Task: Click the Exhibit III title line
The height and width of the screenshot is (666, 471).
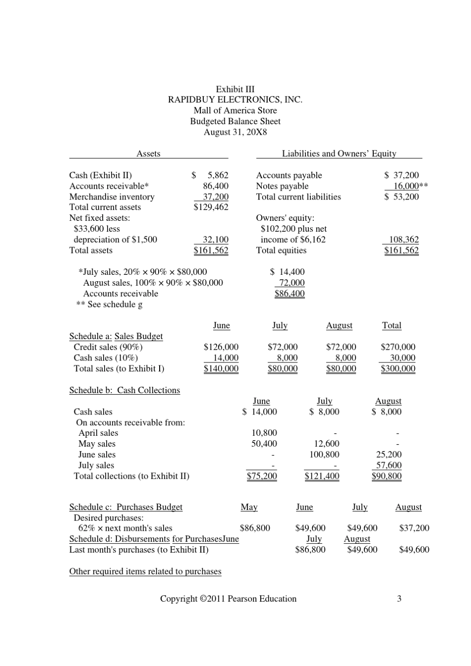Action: [x=235, y=89]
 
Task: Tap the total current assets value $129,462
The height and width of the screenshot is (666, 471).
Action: [x=211, y=207]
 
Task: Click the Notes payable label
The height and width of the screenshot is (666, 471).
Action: [x=282, y=186]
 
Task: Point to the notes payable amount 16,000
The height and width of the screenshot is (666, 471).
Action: [x=406, y=186]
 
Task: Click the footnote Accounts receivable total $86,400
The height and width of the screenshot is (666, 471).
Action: [x=290, y=294]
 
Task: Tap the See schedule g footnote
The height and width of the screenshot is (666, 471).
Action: [x=109, y=305]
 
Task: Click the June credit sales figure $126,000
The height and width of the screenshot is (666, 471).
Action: [x=221, y=347]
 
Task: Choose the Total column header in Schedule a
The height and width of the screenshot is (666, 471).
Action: [x=392, y=326]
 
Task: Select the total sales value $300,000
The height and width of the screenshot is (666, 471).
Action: [x=398, y=369]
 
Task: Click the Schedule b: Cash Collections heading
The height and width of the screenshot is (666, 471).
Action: [x=124, y=391]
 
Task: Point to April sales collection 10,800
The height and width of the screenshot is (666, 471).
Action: [x=264, y=433]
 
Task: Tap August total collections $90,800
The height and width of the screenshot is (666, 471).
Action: [x=386, y=476]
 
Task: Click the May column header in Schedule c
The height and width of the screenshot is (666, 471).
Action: [x=249, y=508]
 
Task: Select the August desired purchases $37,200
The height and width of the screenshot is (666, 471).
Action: [x=414, y=528]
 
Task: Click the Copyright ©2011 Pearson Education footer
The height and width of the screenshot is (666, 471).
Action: [x=228, y=599]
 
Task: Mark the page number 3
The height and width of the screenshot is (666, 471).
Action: [x=399, y=599]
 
